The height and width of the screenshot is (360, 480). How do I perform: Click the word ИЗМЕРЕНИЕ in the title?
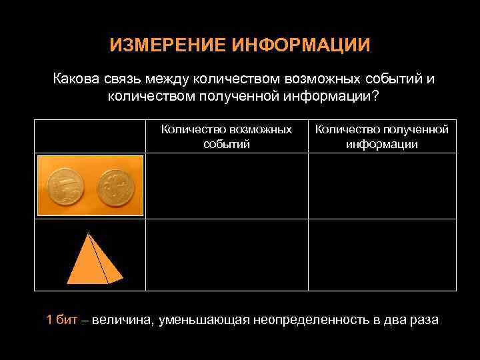167,45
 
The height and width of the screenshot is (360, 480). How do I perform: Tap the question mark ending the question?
375,97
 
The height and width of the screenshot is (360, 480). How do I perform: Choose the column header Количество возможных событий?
227,136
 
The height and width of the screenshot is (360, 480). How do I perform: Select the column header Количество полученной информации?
382,136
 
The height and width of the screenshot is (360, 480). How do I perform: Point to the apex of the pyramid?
87,232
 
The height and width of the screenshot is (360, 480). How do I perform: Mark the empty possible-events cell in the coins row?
227,186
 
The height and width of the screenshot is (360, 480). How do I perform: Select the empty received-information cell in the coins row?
382,186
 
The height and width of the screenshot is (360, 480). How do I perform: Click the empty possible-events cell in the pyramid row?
227,255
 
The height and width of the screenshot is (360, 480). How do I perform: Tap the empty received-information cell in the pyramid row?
382,255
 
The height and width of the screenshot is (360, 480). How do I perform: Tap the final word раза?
423,320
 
